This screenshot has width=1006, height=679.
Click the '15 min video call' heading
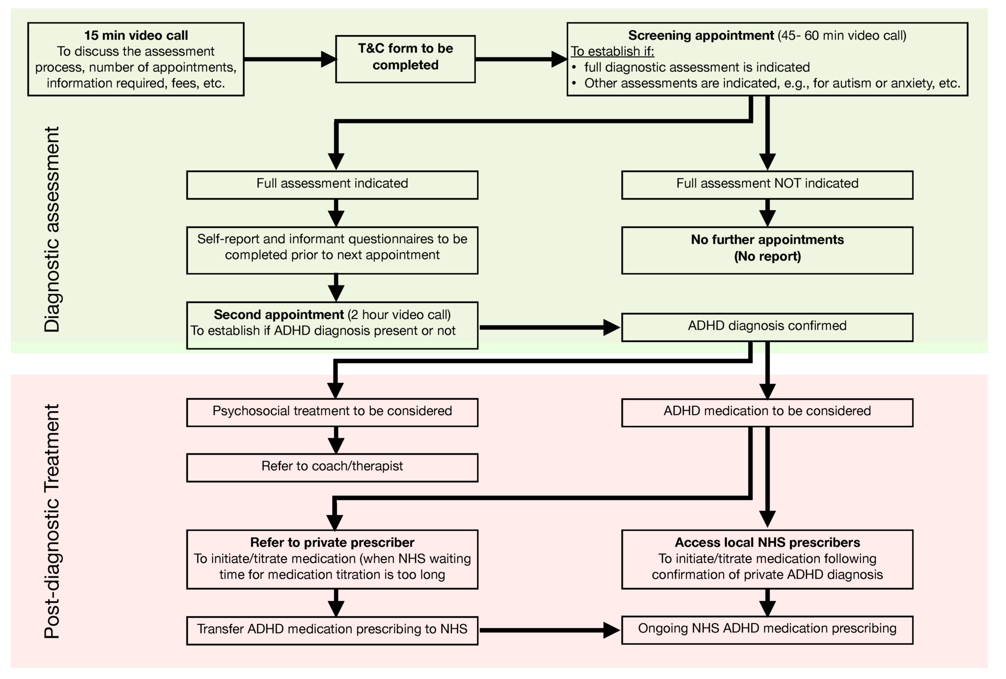tap(136, 35)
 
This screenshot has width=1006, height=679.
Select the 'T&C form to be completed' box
tap(405, 58)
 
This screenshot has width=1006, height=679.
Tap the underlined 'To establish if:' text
tap(612, 51)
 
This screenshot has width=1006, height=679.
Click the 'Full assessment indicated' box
tap(332, 185)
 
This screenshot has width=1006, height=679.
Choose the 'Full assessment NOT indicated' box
tap(767, 185)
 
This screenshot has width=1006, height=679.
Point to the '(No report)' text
tap(767, 256)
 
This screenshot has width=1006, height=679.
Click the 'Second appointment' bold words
tap(279, 314)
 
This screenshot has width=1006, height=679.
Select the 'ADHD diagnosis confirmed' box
tap(767, 327)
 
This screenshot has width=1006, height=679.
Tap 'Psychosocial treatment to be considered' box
tap(332, 412)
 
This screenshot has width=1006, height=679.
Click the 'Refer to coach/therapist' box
tap(332, 467)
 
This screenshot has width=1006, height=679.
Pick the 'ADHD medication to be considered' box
tap(767, 412)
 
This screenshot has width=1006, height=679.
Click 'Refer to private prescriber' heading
tap(332, 542)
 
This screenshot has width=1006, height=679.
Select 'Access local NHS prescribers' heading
tap(767, 542)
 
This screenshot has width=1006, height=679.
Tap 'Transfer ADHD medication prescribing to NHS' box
tap(332, 630)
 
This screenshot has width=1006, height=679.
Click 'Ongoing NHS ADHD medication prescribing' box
tap(767, 629)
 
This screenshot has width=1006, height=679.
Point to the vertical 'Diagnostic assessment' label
tap(52, 229)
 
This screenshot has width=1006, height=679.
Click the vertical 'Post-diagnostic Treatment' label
tap(52, 521)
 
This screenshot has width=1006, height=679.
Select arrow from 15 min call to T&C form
tap(290, 59)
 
